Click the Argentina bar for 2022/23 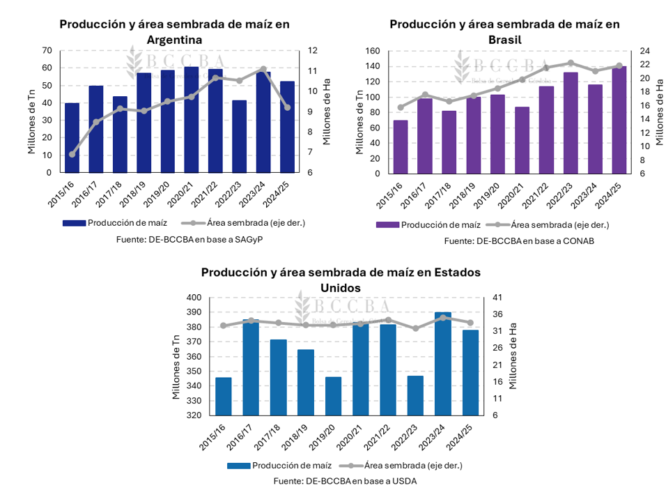pos(239,137)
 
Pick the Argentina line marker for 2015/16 pos(72,154)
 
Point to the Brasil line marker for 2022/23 pos(571,63)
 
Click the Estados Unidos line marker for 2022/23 pos(416,328)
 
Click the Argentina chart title pos(174,31)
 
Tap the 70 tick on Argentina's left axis pos(47,50)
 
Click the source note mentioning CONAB pos(513,240)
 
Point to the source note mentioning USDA pos(345,481)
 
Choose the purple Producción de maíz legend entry pos(428,224)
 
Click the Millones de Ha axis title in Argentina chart pos(327,112)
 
